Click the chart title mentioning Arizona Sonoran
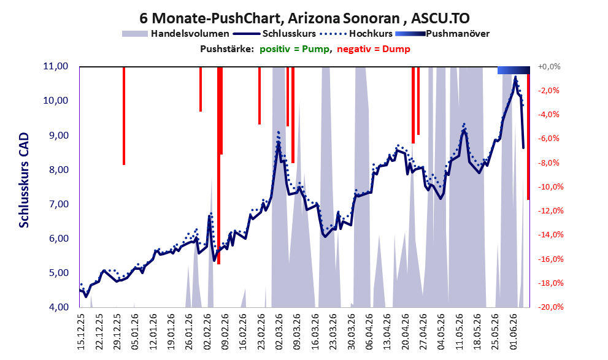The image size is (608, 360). tap(304, 18)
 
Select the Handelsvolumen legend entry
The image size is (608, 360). tap(175, 34)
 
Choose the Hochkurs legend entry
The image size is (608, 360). tap(356, 34)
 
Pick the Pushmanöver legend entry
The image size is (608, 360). tap(442, 34)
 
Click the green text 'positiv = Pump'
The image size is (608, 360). tap(294, 49)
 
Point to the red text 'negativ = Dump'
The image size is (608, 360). tap(374, 49)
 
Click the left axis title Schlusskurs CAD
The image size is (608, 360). tap(24, 180)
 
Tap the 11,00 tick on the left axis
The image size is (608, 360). tap(56, 66)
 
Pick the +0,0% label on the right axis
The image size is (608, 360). tap(549, 67)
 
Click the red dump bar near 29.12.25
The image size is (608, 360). tap(124, 116)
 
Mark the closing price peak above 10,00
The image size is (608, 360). tap(515, 77)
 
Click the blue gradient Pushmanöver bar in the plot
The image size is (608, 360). tap(514, 70)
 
